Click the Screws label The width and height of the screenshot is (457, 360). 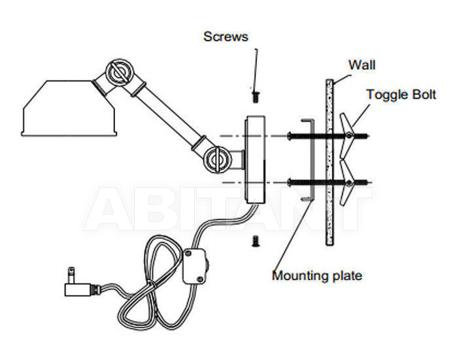[x=226, y=37]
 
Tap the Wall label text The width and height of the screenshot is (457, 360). [x=362, y=65]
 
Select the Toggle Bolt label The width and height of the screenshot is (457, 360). [x=401, y=95]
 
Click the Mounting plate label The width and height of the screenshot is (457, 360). [x=317, y=276]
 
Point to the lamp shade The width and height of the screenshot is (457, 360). [x=69, y=108]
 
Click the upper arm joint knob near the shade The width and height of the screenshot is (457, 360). [x=118, y=73]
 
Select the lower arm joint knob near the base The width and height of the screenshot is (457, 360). [x=218, y=160]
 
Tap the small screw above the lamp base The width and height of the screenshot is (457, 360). [x=256, y=97]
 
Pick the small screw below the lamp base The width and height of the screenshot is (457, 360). [x=256, y=241]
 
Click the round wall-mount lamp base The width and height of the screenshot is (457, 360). [x=256, y=159]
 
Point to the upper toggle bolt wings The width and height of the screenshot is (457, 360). [x=347, y=136]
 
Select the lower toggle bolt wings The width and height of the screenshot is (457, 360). [x=347, y=183]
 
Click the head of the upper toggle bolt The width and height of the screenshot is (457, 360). [x=290, y=136]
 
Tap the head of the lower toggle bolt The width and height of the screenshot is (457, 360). [x=290, y=183]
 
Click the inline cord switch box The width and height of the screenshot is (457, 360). [x=194, y=267]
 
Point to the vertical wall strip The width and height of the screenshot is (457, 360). [x=330, y=162]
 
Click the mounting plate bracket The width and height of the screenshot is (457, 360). [x=311, y=159]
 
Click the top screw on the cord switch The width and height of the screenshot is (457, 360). [x=188, y=254]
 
